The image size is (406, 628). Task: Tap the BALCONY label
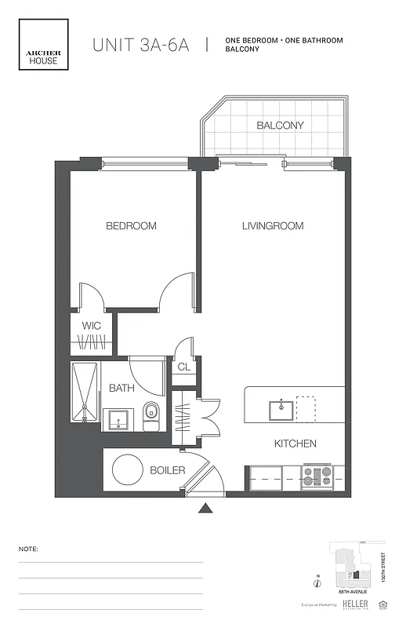click(280, 126)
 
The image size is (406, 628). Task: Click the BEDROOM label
click(131, 226)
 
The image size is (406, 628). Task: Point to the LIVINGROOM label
click(272, 226)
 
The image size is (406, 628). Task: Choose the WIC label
click(91, 326)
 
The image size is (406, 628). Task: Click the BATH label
click(121, 388)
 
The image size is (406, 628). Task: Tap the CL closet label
click(183, 367)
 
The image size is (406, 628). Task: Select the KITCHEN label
click(295, 444)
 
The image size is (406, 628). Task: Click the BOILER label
click(167, 470)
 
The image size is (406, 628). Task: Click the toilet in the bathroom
click(151, 414)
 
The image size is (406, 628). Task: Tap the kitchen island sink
click(281, 409)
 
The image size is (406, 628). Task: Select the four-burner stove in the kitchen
click(317, 476)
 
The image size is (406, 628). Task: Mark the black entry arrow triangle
click(205, 508)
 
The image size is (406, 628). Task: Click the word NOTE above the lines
click(28, 549)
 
